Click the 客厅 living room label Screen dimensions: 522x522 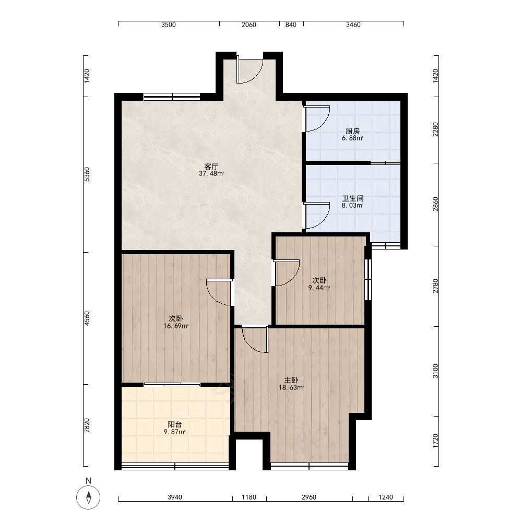[211, 166]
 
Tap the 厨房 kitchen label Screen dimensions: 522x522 [352, 131]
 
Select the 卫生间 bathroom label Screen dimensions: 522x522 [352, 198]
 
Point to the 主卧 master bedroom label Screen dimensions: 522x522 [291, 380]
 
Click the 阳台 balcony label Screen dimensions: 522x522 [174, 424]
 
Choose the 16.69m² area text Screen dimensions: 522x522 [176, 326]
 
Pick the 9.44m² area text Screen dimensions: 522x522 [319, 288]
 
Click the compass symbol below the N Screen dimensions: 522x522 [88, 497]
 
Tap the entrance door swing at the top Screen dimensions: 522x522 [250, 70]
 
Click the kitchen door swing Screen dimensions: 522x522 [317, 119]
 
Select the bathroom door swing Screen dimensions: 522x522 [317, 216]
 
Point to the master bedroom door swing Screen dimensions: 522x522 [255, 340]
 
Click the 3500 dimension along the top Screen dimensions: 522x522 [169, 25]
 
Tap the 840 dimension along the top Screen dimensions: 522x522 [291, 25]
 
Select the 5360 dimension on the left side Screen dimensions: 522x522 [87, 174]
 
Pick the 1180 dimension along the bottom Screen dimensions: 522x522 [248, 497]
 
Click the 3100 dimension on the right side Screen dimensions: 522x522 [435, 371]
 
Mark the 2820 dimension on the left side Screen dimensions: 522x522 [87, 425]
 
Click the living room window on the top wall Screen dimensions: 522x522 [172, 97]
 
